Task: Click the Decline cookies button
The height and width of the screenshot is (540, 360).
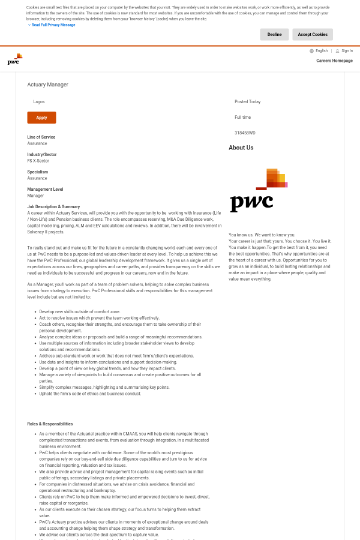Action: click(x=274, y=35)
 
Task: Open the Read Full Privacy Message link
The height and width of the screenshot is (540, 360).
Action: click(x=53, y=25)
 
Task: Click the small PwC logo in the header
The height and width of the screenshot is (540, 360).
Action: click(x=15, y=59)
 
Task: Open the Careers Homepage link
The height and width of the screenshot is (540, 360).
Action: click(x=334, y=61)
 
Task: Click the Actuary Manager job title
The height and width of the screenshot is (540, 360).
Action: click(x=47, y=85)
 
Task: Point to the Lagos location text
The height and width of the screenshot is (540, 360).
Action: click(x=39, y=102)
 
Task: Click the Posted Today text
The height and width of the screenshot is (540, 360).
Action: click(x=247, y=102)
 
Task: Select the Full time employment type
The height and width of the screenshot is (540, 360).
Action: click(x=243, y=118)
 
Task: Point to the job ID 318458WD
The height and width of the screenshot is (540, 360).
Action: click(x=245, y=133)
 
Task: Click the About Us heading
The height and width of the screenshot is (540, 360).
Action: click(x=241, y=148)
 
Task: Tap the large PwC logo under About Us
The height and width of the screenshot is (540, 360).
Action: click(x=259, y=190)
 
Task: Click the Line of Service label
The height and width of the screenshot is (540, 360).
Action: click(x=41, y=137)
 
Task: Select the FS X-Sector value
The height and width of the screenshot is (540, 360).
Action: click(x=38, y=161)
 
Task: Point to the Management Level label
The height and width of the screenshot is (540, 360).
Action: click(x=45, y=189)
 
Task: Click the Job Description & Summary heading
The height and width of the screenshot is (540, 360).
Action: click(x=53, y=206)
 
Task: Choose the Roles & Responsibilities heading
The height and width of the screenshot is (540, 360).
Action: click(x=50, y=424)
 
